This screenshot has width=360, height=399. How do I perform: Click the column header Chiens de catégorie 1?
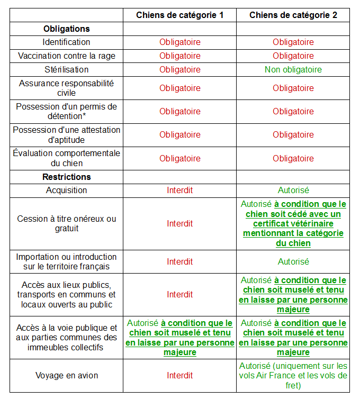pyautogui.click(x=179, y=15)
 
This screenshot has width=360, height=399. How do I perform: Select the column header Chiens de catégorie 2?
pyautogui.click(x=293, y=15)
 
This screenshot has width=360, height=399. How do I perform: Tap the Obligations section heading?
pyautogui.click(x=67, y=29)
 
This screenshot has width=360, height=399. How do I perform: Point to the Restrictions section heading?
pyautogui.click(x=67, y=177)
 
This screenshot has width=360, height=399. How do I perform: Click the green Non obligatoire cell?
pyautogui.click(x=293, y=69)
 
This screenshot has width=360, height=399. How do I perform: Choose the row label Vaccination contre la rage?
pyautogui.click(x=67, y=56)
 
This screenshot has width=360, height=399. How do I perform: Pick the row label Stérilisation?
pyautogui.click(x=67, y=69)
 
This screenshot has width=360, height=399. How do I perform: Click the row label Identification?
pyautogui.click(x=67, y=42)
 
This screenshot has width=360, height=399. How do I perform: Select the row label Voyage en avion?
pyautogui.click(x=67, y=375)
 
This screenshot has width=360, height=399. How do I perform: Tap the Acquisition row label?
pyautogui.click(x=67, y=190)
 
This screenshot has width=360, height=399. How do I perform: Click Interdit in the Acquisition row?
pyautogui.click(x=179, y=190)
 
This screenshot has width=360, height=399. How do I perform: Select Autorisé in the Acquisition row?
pyautogui.click(x=293, y=190)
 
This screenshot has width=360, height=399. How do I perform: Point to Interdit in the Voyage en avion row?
pyautogui.click(x=179, y=375)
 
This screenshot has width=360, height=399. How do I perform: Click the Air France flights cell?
pyautogui.click(x=293, y=375)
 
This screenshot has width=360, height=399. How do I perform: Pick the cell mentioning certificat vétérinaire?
pyautogui.click(x=293, y=223)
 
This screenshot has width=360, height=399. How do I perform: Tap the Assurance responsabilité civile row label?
pyautogui.click(x=67, y=88)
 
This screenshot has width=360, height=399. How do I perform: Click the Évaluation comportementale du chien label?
pyautogui.click(x=67, y=158)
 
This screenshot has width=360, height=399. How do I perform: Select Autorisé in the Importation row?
pyautogui.click(x=293, y=261)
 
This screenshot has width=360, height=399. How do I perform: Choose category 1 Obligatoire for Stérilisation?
pyautogui.click(x=179, y=69)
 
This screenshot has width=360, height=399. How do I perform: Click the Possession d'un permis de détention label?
pyautogui.click(x=67, y=111)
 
